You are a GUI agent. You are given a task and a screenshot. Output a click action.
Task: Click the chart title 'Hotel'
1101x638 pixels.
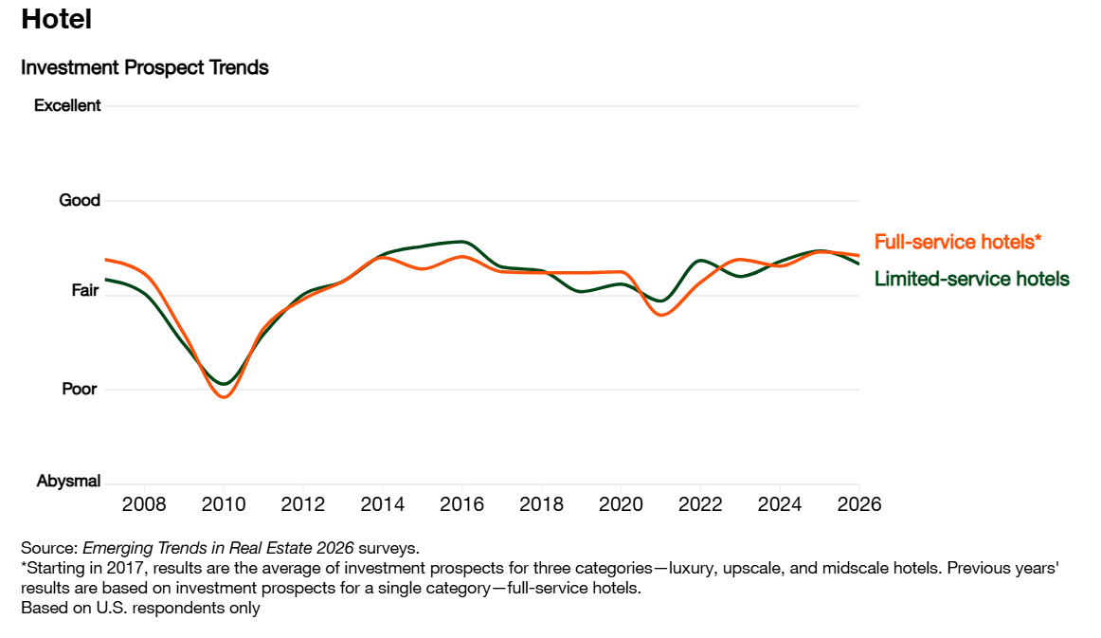coord(56,19)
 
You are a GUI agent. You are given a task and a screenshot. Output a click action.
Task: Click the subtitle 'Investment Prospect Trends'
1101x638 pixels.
coord(144,68)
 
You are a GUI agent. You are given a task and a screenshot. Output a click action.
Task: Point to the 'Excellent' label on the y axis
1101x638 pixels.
coord(67,105)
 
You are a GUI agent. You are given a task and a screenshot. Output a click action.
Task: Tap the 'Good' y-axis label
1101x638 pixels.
coord(80,200)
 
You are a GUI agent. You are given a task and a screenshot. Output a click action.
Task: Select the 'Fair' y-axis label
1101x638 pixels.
coord(85,291)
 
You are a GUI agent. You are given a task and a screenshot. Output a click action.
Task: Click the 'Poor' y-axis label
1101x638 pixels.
coord(80,389)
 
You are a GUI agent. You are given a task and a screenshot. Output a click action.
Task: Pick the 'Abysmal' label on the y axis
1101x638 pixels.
coord(68,482)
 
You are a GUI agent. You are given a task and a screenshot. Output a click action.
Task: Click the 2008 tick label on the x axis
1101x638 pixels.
coord(144,503)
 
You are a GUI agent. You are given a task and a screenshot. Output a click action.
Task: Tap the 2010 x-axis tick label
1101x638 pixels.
coord(224,503)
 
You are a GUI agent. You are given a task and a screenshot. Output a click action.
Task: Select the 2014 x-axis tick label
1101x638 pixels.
coord(382,503)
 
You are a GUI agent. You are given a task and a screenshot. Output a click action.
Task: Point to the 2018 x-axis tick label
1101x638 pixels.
coord(541,503)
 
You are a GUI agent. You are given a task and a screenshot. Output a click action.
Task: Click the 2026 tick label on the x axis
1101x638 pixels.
coord(858,503)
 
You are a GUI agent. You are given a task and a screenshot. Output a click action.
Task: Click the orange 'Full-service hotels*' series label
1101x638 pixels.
coord(957,242)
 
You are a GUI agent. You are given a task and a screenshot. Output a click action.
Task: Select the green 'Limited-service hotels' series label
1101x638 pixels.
coord(971,279)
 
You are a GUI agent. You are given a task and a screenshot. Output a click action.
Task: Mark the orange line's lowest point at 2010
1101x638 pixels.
coord(224,397)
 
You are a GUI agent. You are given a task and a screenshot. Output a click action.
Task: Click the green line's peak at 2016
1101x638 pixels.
coord(461,241)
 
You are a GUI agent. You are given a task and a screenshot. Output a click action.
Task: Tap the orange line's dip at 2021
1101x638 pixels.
coord(661,314)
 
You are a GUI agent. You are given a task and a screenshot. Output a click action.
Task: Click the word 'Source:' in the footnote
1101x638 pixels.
coord(49,548)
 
